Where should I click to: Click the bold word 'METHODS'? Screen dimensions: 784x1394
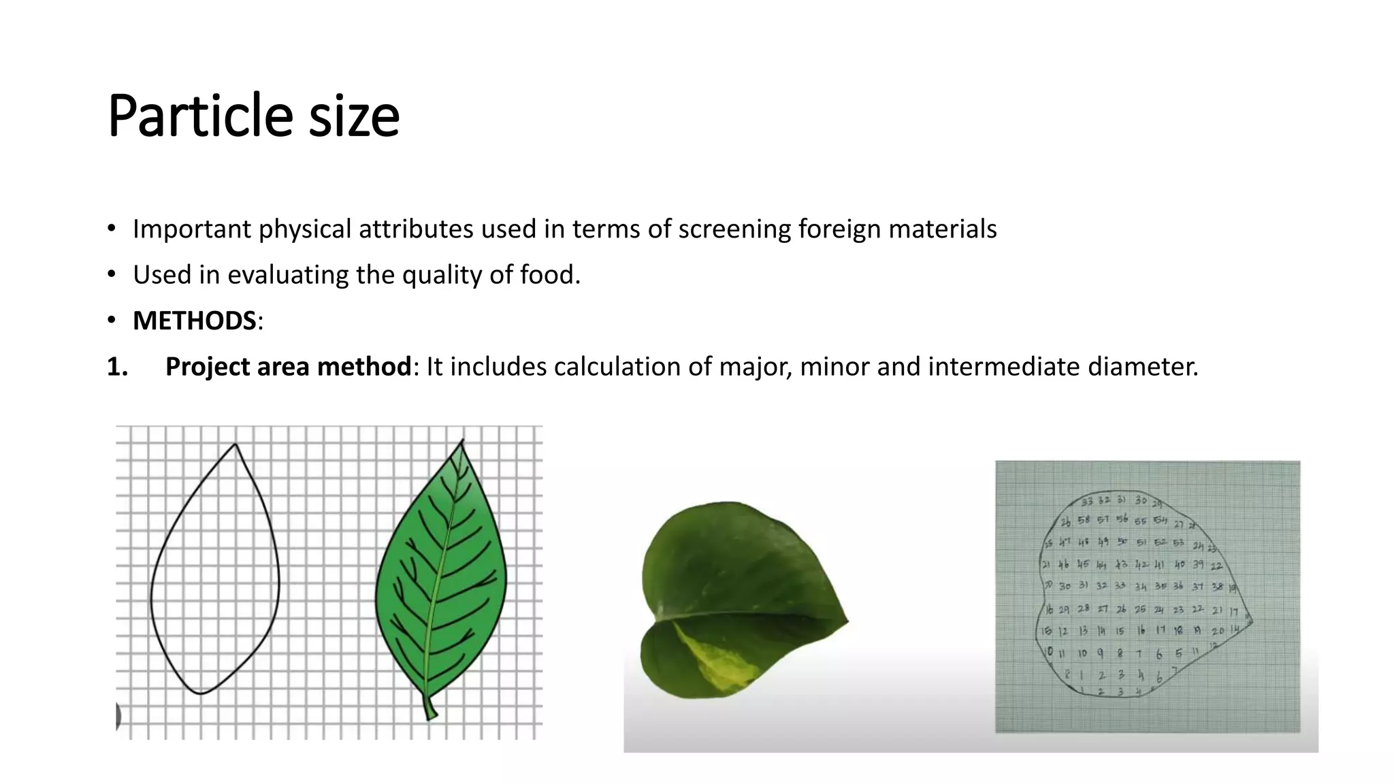(x=194, y=321)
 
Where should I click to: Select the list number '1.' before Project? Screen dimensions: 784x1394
(x=118, y=367)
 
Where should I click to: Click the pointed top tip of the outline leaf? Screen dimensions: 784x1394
(x=236, y=445)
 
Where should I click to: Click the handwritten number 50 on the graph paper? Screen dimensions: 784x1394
(x=1122, y=542)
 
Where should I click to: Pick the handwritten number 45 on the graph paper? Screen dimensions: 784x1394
(x=1083, y=565)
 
